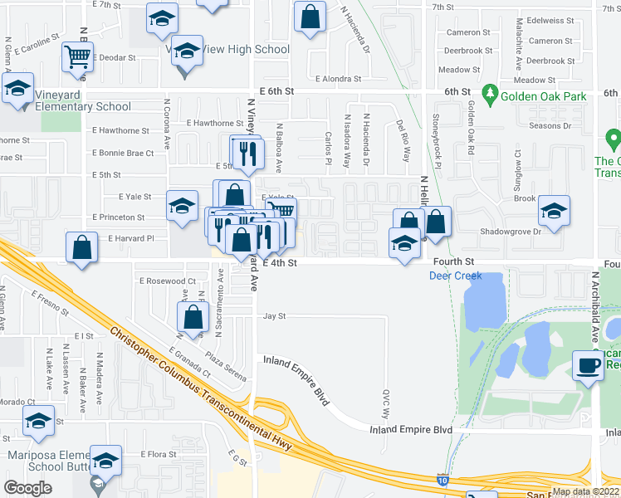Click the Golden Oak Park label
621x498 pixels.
coord(543,96)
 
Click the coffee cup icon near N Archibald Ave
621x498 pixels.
coord(589,364)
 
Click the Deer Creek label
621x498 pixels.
coord(456,276)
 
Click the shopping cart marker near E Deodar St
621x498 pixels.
coord(77,57)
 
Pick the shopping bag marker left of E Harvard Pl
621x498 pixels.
coord(81,248)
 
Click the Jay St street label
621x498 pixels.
coord(274,316)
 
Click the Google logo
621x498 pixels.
coord(27,488)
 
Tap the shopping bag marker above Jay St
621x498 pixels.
coord(193,316)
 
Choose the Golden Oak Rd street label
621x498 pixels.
coord(470,128)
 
